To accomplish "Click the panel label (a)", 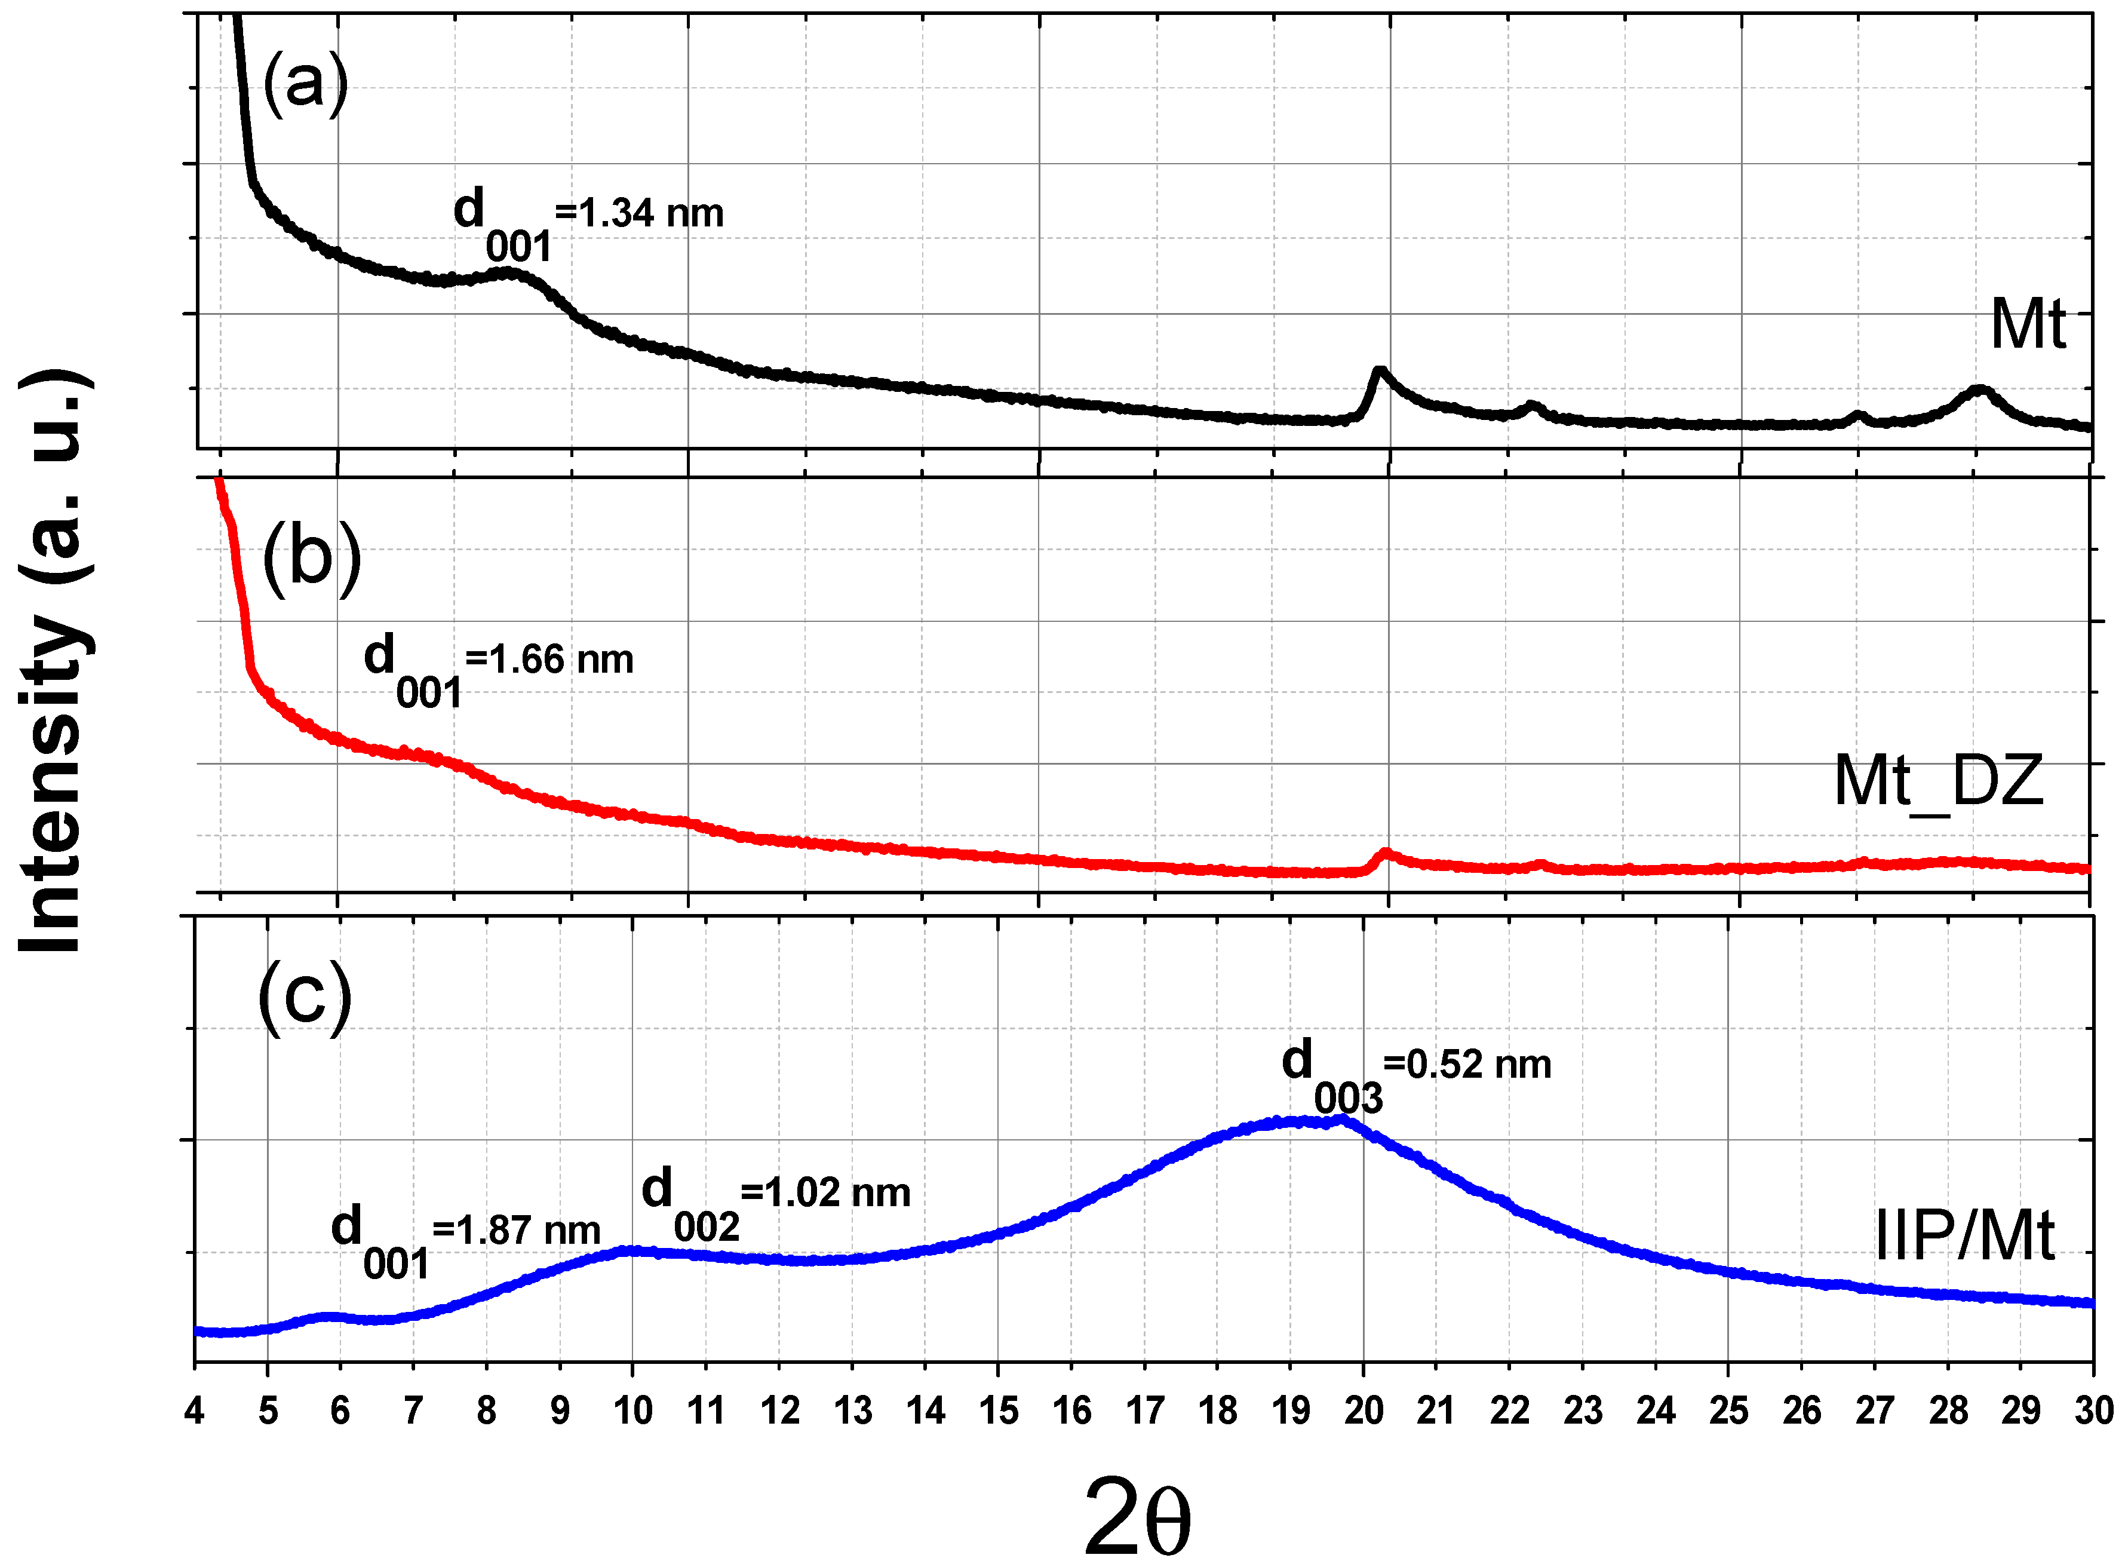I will tap(305, 84).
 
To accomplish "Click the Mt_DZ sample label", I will tap(1938, 781).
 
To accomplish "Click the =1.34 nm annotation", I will tap(639, 213).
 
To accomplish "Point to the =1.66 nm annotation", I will tap(549, 660).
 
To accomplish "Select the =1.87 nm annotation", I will tap(516, 1230).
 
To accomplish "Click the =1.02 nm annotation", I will tap(825, 1192).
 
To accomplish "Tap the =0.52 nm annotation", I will tap(1467, 1064).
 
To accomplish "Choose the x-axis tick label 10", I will tap(632, 1410).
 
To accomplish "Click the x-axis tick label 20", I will tap(1364, 1410).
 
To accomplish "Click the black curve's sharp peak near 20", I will tap(1378, 371).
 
